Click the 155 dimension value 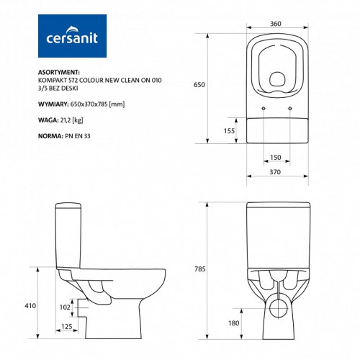click(x=228, y=131)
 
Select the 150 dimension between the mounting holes click(x=276, y=157)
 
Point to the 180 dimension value click(x=234, y=323)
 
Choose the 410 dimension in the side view click(x=29, y=306)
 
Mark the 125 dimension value click(x=66, y=327)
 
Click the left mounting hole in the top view click(x=265, y=109)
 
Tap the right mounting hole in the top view click(x=289, y=109)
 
